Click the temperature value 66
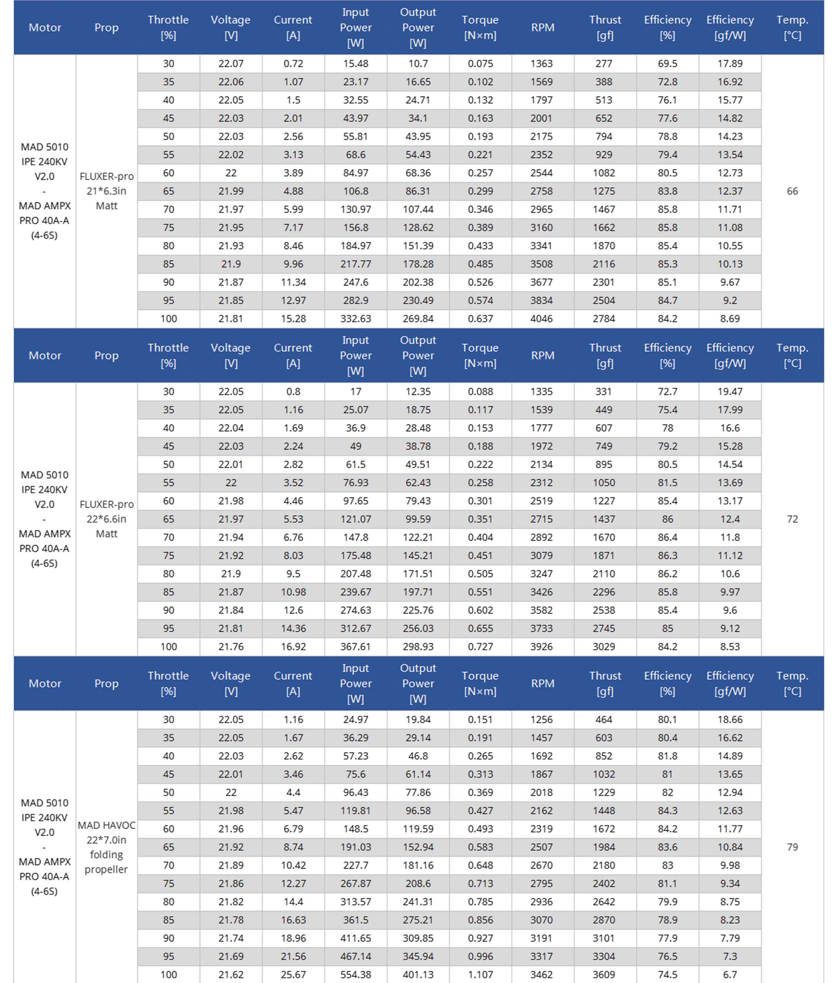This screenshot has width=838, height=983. pos(792,191)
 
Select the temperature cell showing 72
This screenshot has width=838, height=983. pos(792,519)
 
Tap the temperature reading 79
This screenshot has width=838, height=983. pos(792,847)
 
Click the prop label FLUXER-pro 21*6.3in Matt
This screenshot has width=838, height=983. pos(106,191)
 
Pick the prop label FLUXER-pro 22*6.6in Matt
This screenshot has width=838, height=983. pos(106,519)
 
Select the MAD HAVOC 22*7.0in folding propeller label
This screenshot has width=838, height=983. pos(106,847)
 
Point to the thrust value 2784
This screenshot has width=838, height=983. pos(604,319)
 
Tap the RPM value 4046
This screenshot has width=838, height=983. pos(541,319)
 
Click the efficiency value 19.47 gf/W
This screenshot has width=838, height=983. pos(730,391)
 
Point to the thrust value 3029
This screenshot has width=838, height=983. pos(604,647)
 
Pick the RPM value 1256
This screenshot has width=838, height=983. pos(541,719)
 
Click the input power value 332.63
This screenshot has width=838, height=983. pos(355,319)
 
